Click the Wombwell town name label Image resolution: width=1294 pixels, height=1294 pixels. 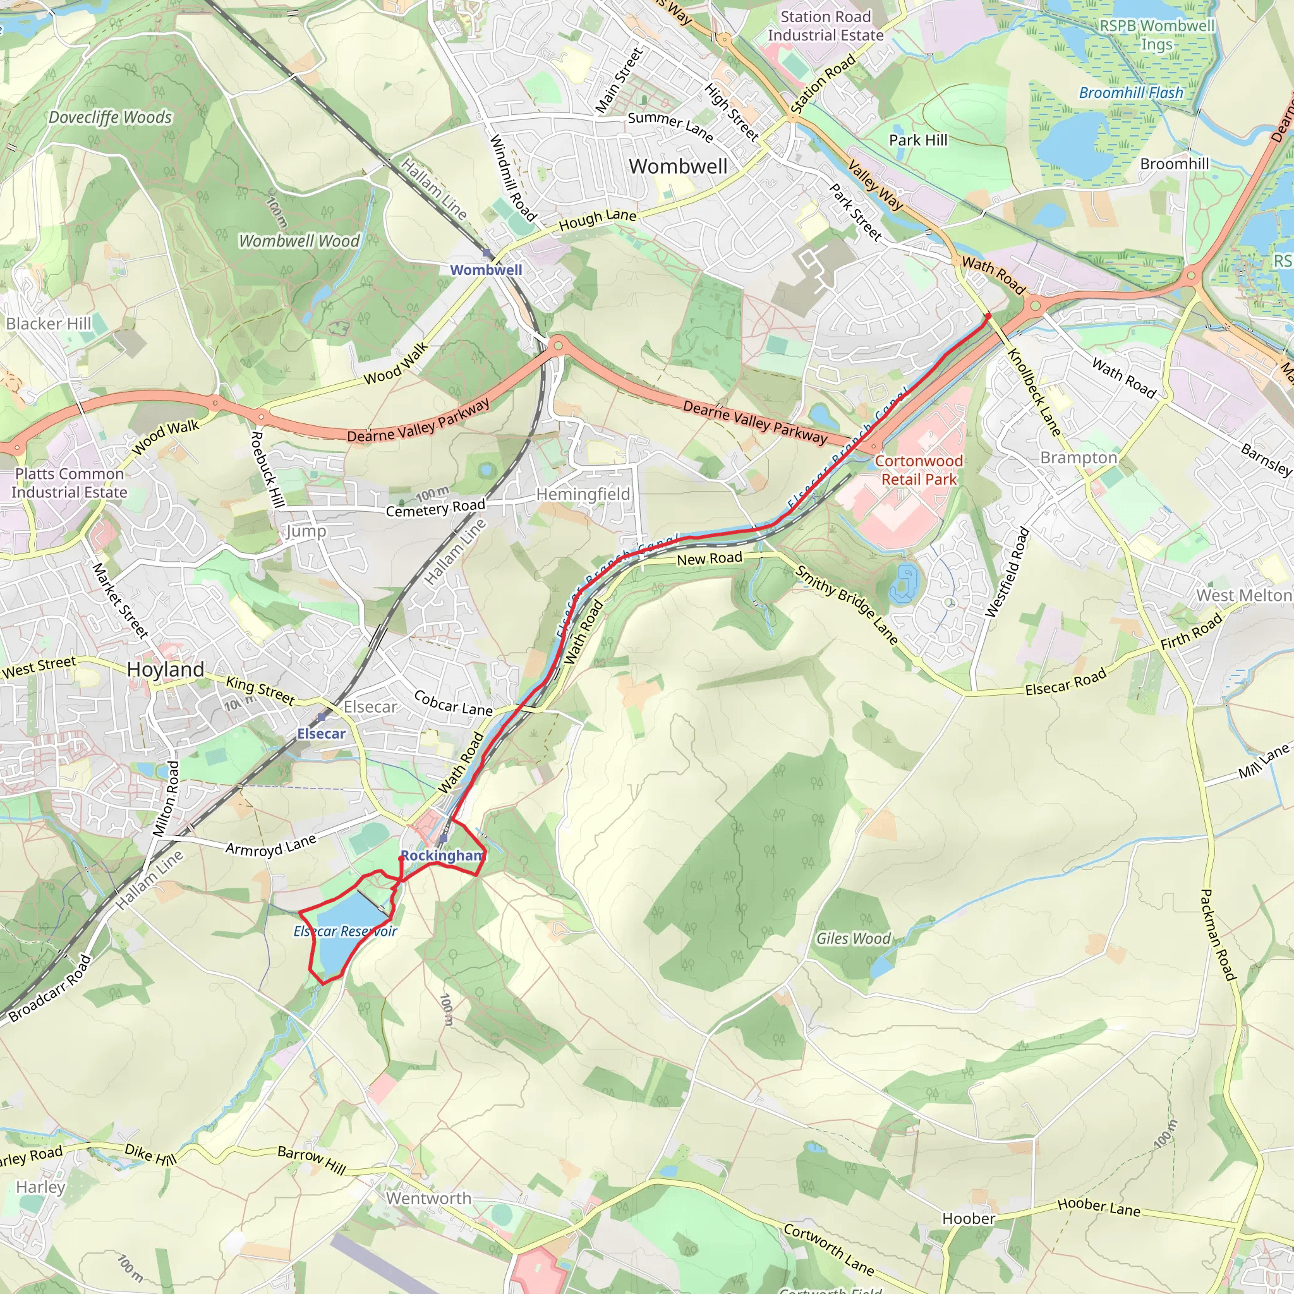[678, 167]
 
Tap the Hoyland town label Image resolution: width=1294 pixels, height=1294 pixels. [166, 670]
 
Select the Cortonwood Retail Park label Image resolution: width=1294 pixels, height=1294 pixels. [919, 470]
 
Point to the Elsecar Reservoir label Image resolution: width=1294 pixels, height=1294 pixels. [346, 931]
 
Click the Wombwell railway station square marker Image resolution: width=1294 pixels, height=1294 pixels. [487, 253]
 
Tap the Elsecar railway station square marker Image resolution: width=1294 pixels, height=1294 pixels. [322, 717]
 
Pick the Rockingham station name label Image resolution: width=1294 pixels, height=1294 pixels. [443, 856]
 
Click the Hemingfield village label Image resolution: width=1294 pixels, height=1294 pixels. [583, 494]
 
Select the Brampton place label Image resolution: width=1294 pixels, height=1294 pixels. [1079, 458]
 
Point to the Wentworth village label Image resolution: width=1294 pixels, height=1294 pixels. [428, 1198]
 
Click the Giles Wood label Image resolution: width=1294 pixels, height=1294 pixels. [852, 939]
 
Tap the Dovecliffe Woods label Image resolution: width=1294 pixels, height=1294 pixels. [111, 118]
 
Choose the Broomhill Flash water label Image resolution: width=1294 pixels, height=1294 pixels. [1130, 93]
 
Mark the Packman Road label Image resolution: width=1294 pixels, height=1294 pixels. [1218, 934]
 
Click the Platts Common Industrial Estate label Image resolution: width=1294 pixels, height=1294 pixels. [70, 483]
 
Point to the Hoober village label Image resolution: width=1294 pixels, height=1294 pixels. [969, 1218]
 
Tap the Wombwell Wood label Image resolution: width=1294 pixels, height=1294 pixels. [299, 241]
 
